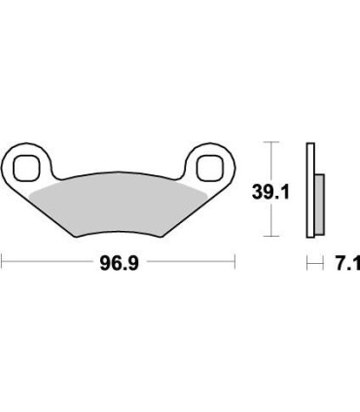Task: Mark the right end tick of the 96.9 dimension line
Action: [x=234, y=262]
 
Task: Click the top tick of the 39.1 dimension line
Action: [x=272, y=144]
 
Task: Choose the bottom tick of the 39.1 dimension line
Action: [x=272, y=238]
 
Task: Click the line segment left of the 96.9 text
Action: [x=49, y=262]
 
